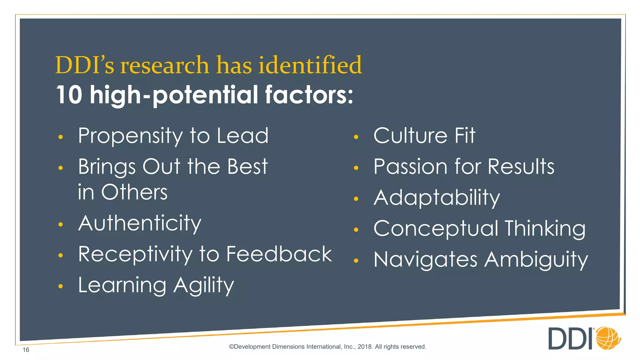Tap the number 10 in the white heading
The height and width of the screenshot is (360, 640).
(69, 95)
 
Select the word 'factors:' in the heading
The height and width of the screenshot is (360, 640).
(309, 95)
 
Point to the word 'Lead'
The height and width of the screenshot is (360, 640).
(242, 136)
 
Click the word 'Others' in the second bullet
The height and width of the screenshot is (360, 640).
(134, 192)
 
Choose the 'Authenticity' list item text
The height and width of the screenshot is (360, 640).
(140, 223)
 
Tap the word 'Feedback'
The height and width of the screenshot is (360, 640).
(279, 254)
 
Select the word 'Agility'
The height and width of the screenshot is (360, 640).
(203, 286)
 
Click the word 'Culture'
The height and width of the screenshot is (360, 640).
(410, 136)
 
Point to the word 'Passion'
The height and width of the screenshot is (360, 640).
(411, 167)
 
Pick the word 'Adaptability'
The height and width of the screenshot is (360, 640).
(437, 198)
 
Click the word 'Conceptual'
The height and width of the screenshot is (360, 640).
(436, 229)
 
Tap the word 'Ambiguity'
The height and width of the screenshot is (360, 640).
(536, 260)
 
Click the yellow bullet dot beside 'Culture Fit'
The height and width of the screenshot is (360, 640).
(356, 137)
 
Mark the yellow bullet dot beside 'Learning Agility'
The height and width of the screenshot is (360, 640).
(61, 286)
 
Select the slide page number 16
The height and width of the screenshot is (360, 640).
(26, 350)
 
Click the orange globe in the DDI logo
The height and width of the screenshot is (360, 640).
(608, 338)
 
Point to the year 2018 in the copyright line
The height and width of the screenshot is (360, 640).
(364, 347)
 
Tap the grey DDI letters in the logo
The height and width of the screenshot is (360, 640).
(571, 339)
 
